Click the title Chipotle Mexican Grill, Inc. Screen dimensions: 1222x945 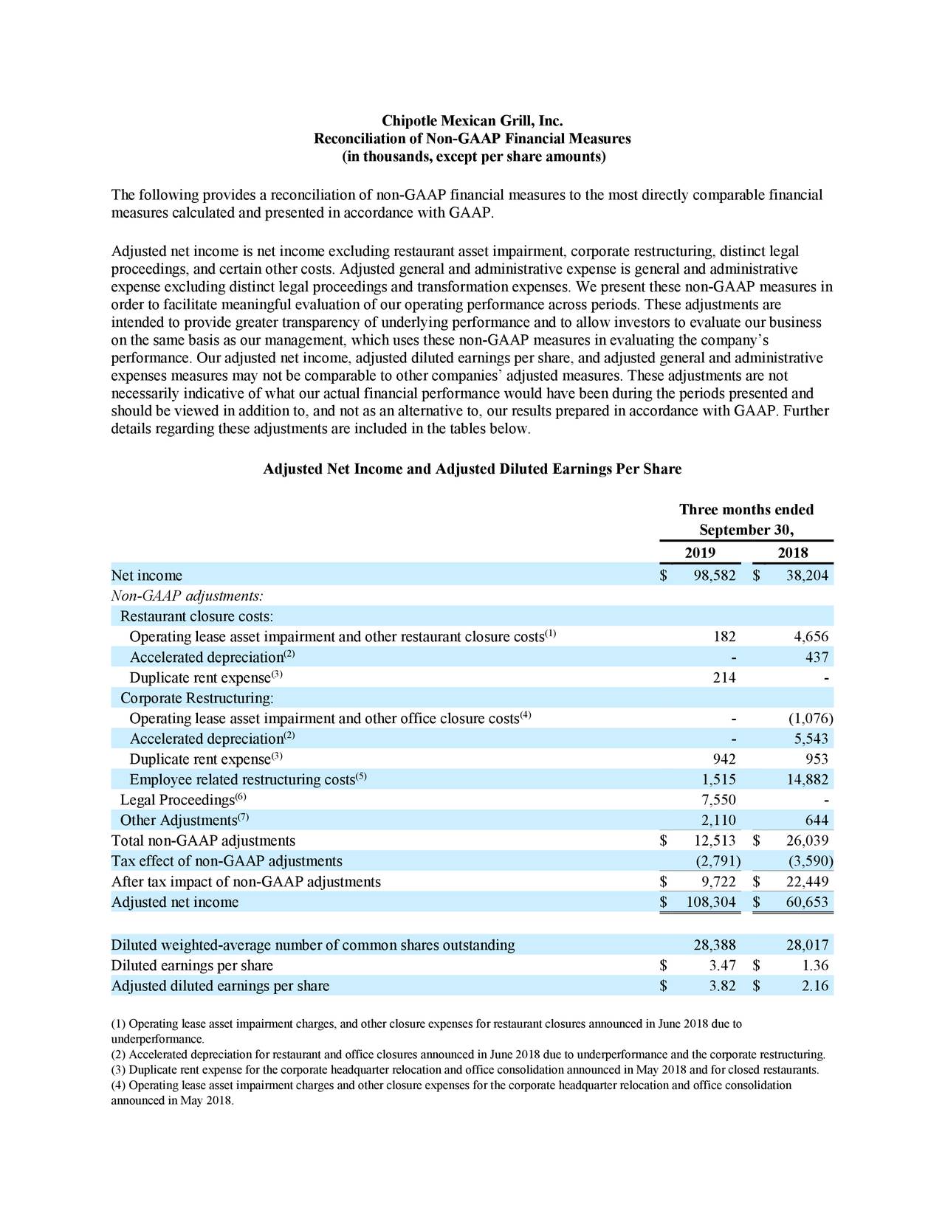[x=472, y=120]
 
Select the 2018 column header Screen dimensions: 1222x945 [x=792, y=553]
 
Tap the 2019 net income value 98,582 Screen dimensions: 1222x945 [x=714, y=576]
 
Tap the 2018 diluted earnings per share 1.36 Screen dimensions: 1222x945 [x=814, y=966]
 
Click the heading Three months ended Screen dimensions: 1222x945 [x=746, y=510]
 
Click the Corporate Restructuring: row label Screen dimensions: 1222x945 [x=197, y=698]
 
